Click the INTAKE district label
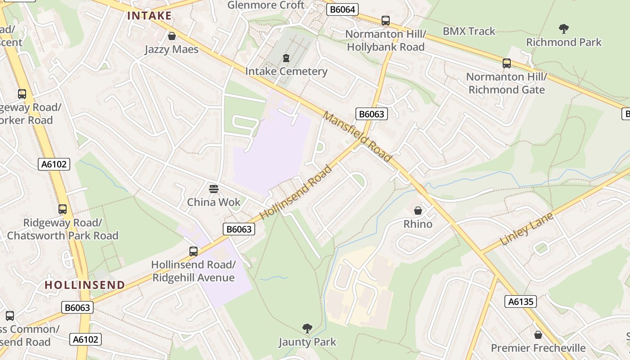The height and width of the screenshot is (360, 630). (149, 16)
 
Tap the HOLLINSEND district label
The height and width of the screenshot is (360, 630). (85, 285)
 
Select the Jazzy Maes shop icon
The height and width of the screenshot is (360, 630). (171, 36)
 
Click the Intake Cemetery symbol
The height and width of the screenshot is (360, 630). (286, 58)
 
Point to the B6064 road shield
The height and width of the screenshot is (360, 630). (342, 9)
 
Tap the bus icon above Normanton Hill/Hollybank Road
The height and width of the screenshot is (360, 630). (386, 20)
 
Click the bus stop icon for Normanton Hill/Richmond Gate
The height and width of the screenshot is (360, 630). (507, 63)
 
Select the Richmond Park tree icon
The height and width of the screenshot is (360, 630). (563, 29)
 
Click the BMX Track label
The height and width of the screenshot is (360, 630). (469, 31)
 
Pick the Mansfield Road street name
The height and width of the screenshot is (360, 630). (357, 137)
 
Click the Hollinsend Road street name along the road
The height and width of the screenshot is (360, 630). (296, 192)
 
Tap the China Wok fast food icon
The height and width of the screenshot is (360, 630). (214, 189)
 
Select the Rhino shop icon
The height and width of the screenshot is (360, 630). (418, 211)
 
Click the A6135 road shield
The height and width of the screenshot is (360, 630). (521, 301)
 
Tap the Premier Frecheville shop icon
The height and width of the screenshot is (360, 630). (538, 335)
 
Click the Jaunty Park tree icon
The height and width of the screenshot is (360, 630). (307, 328)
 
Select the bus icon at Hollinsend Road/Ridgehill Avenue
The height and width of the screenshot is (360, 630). (193, 251)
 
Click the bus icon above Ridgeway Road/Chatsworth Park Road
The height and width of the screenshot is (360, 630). (63, 209)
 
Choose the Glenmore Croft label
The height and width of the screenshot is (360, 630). (266, 5)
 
